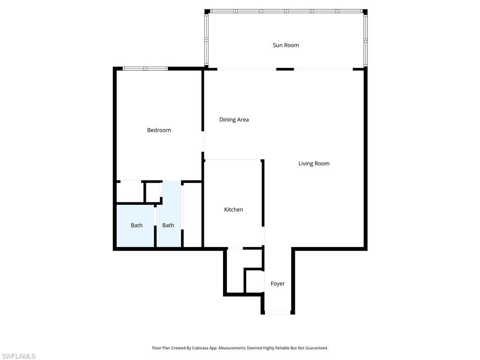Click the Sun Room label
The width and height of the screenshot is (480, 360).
click(286, 45)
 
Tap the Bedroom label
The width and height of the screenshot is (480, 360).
click(159, 130)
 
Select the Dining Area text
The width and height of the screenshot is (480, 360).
click(234, 120)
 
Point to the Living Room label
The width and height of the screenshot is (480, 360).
click(314, 164)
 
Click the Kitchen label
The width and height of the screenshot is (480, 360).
click(233, 210)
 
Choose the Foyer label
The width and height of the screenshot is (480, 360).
click(277, 284)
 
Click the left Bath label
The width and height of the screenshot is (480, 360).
click(136, 225)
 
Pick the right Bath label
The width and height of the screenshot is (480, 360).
click(168, 225)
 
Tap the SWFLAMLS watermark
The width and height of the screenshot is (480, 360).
click(18, 357)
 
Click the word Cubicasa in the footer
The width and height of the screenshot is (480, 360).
click(199, 348)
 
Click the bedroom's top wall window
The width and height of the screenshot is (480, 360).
click(145, 68)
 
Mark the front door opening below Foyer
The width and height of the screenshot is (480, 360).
click(277, 312)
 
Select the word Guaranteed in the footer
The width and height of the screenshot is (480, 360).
click(316, 348)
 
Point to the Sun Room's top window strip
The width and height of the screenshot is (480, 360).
click(286, 11)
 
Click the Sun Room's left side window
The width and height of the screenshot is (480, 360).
click(206, 40)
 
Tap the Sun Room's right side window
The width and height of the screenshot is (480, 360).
click(365, 40)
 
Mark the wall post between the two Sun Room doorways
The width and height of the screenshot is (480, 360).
click(285, 69)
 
